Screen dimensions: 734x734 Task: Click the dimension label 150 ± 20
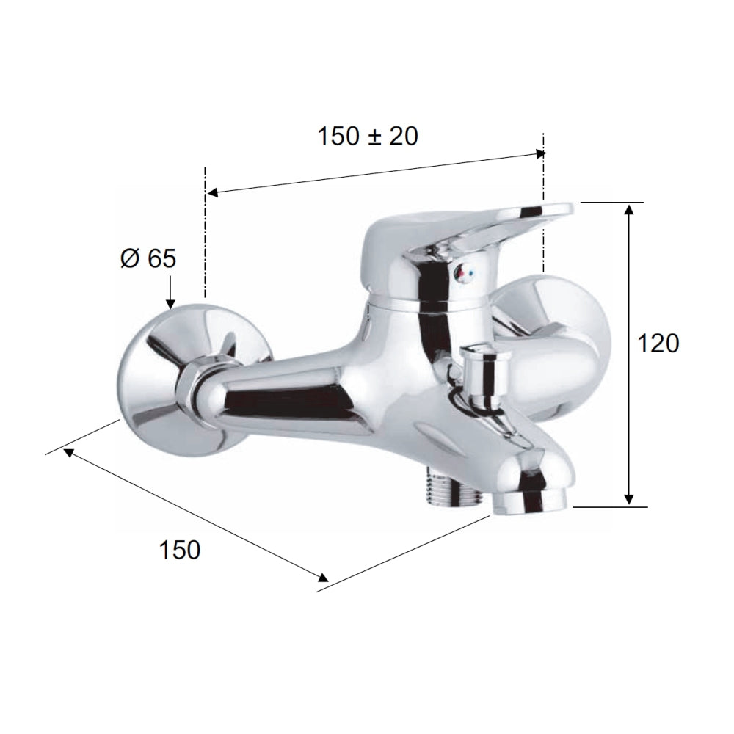[x=368, y=136]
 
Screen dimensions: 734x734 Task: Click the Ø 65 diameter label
[x=147, y=258]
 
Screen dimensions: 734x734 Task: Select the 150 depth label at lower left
[x=179, y=549]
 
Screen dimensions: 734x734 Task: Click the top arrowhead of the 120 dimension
[x=629, y=211]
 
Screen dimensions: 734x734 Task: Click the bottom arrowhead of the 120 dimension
[x=629, y=498]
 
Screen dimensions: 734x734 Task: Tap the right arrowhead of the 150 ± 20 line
[x=541, y=153]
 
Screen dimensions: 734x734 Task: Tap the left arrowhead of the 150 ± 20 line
[x=211, y=193]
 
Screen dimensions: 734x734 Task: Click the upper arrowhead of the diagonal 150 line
[x=68, y=451]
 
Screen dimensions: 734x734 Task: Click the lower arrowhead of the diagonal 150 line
[x=322, y=578]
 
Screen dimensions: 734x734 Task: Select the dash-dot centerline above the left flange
[x=205, y=235]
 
